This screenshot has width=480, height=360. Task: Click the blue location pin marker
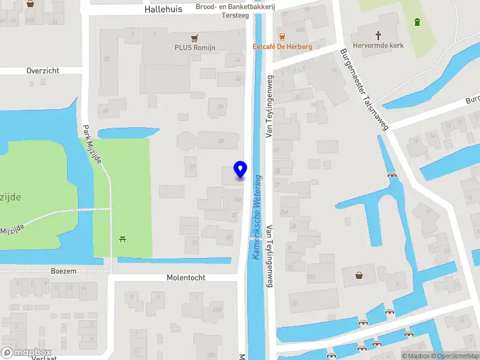pyautogui.click(x=240, y=170)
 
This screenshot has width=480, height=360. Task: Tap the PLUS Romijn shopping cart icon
pyautogui.click(x=194, y=37)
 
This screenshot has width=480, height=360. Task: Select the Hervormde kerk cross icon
pyautogui.click(x=379, y=35)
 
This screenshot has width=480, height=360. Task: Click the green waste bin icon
pyautogui.click(x=417, y=22)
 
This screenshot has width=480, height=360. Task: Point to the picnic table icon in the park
pyautogui.click(x=123, y=239)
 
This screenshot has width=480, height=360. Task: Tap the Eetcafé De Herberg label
pyautogui.click(x=282, y=47)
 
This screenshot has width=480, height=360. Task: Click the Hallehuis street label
pyautogui.click(x=163, y=10)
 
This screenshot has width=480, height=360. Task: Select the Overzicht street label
pyautogui.click(x=43, y=71)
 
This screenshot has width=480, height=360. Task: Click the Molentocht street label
pyautogui.click(x=186, y=278)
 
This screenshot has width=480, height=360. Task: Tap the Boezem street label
pyautogui.click(x=64, y=271)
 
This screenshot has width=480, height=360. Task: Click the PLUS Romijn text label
pyautogui.click(x=194, y=47)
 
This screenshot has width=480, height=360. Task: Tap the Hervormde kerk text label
pyautogui.click(x=379, y=46)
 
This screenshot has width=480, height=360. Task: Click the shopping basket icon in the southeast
pyautogui.click(x=359, y=275)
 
